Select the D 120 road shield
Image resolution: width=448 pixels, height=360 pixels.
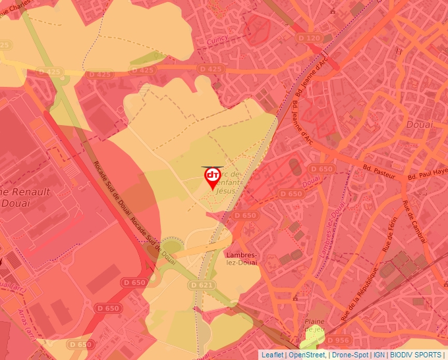click(x=309, y=38)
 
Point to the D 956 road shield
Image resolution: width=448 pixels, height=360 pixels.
click(x=338, y=340)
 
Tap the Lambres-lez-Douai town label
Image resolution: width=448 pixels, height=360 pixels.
click(x=241, y=259)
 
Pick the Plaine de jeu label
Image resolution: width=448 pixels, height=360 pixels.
click(x=316, y=324)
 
